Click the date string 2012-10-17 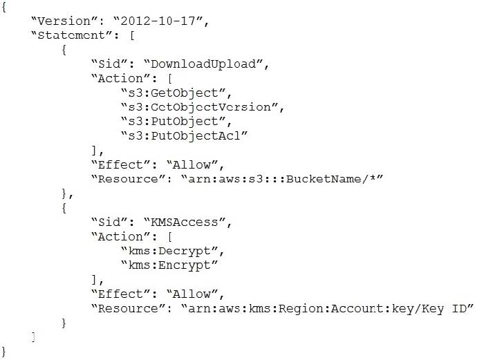(x=158, y=21)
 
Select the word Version (x=64, y=21)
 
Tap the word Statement (x=71, y=35)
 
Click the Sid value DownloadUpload (x=203, y=64)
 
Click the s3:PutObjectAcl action (x=185, y=136)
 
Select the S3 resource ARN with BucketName (x=282, y=179)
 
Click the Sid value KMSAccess (x=185, y=222)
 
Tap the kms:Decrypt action (x=173, y=251)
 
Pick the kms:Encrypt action (x=169, y=265)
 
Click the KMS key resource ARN (x=327, y=309)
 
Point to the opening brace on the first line (x=3, y=7)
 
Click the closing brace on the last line (x=3, y=352)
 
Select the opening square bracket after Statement (x=132, y=35)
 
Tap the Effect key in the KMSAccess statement (x=120, y=294)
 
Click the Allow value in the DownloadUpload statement (x=191, y=164)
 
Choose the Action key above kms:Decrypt (x=120, y=236)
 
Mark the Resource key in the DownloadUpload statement (x=128, y=179)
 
